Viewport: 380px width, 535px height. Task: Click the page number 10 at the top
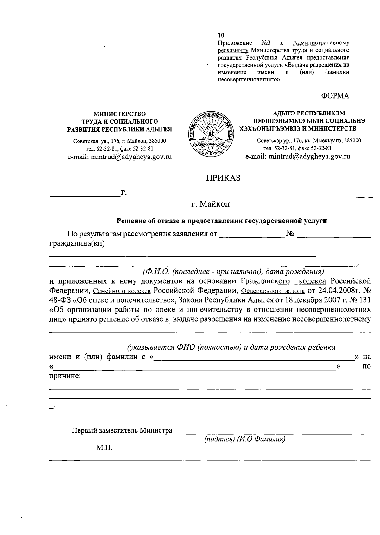tap(221, 35)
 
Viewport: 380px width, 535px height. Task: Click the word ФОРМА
tap(335, 96)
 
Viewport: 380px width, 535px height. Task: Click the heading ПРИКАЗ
tap(223, 178)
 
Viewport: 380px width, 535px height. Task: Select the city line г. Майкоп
tap(210, 204)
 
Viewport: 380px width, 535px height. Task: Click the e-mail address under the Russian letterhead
tap(119, 157)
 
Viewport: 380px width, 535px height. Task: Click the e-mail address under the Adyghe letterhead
tap(298, 157)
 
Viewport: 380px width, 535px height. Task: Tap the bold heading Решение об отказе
tap(222, 221)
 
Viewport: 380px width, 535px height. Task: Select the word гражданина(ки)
tap(77, 243)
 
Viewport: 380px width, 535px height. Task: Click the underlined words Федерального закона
tap(273, 291)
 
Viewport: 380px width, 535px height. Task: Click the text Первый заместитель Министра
tap(122, 430)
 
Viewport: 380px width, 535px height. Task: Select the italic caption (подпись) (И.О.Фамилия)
tap(245, 439)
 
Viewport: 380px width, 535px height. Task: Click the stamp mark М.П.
tap(104, 448)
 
